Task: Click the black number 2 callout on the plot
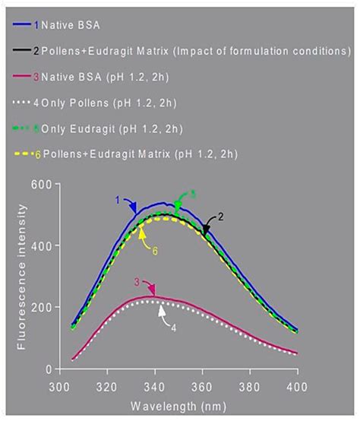click(219, 217)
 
